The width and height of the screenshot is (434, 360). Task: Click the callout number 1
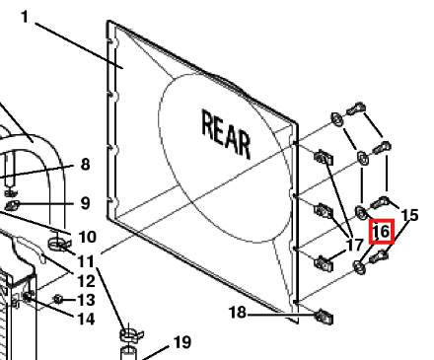[x=25, y=17]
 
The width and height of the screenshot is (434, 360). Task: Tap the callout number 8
[x=85, y=164]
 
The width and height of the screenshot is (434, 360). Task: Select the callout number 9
[x=85, y=203]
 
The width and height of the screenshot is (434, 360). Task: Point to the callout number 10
[x=87, y=237]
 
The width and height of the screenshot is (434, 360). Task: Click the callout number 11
[x=86, y=262]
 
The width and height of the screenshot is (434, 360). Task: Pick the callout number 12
[x=86, y=281]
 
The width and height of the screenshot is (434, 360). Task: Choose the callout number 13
[x=86, y=300]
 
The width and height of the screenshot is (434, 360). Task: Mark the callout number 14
[x=86, y=319]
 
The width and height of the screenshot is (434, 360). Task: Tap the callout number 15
[x=410, y=215]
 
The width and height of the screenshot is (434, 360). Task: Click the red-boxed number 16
[x=382, y=232]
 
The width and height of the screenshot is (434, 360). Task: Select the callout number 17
[x=355, y=245]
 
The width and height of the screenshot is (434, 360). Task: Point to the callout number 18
[x=238, y=313]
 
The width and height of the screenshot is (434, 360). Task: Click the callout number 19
[x=182, y=342]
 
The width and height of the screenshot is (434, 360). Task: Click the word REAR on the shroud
[x=226, y=134]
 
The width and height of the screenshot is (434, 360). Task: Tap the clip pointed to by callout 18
[x=325, y=317]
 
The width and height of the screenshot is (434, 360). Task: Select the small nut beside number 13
[x=58, y=299]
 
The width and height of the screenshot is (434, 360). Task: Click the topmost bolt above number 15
[x=356, y=108]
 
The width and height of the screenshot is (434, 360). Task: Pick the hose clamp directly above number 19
[x=131, y=335]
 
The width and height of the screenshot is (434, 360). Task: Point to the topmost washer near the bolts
[x=336, y=119]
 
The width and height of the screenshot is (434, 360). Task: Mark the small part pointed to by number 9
[x=12, y=206]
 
